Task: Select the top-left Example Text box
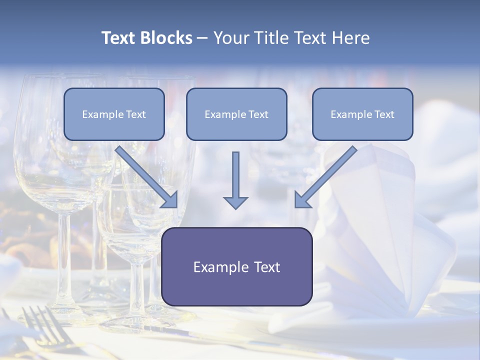click(x=114, y=114)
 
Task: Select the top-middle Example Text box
click(x=236, y=114)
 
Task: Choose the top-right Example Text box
click(x=362, y=114)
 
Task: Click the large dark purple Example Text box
click(x=236, y=266)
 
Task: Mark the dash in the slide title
click(x=202, y=38)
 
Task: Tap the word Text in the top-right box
click(x=384, y=114)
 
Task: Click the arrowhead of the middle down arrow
click(x=235, y=202)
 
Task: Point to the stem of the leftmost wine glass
click(x=65, y=260)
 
